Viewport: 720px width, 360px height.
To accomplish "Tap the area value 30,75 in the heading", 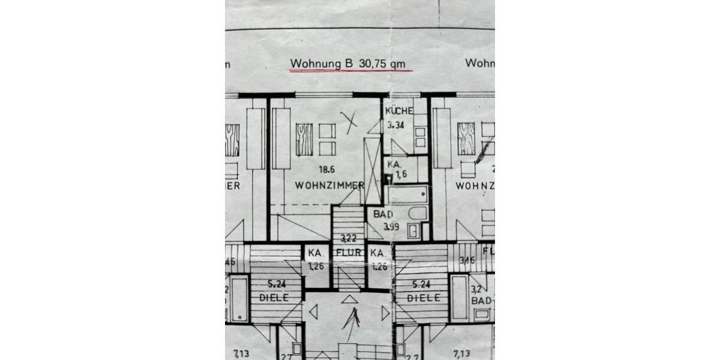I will click(372, 63).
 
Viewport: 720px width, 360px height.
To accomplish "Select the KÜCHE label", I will click(399, 111).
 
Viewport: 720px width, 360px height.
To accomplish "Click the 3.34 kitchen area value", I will click(397, 125).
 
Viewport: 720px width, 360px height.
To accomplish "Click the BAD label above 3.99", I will click(383, 214).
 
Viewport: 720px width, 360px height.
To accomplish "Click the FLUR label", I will click(349, 253).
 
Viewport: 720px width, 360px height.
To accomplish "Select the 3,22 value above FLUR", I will click(349, 238).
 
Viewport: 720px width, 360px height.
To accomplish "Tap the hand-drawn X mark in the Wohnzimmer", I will click(349, 122).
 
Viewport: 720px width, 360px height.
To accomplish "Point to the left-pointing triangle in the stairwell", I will click(313, 312).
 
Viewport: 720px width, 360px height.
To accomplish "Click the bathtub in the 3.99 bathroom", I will click(407, 194).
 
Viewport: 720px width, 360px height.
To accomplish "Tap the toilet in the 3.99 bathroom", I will click(414, 214).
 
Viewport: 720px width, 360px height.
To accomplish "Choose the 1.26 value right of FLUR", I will click(379, 266).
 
